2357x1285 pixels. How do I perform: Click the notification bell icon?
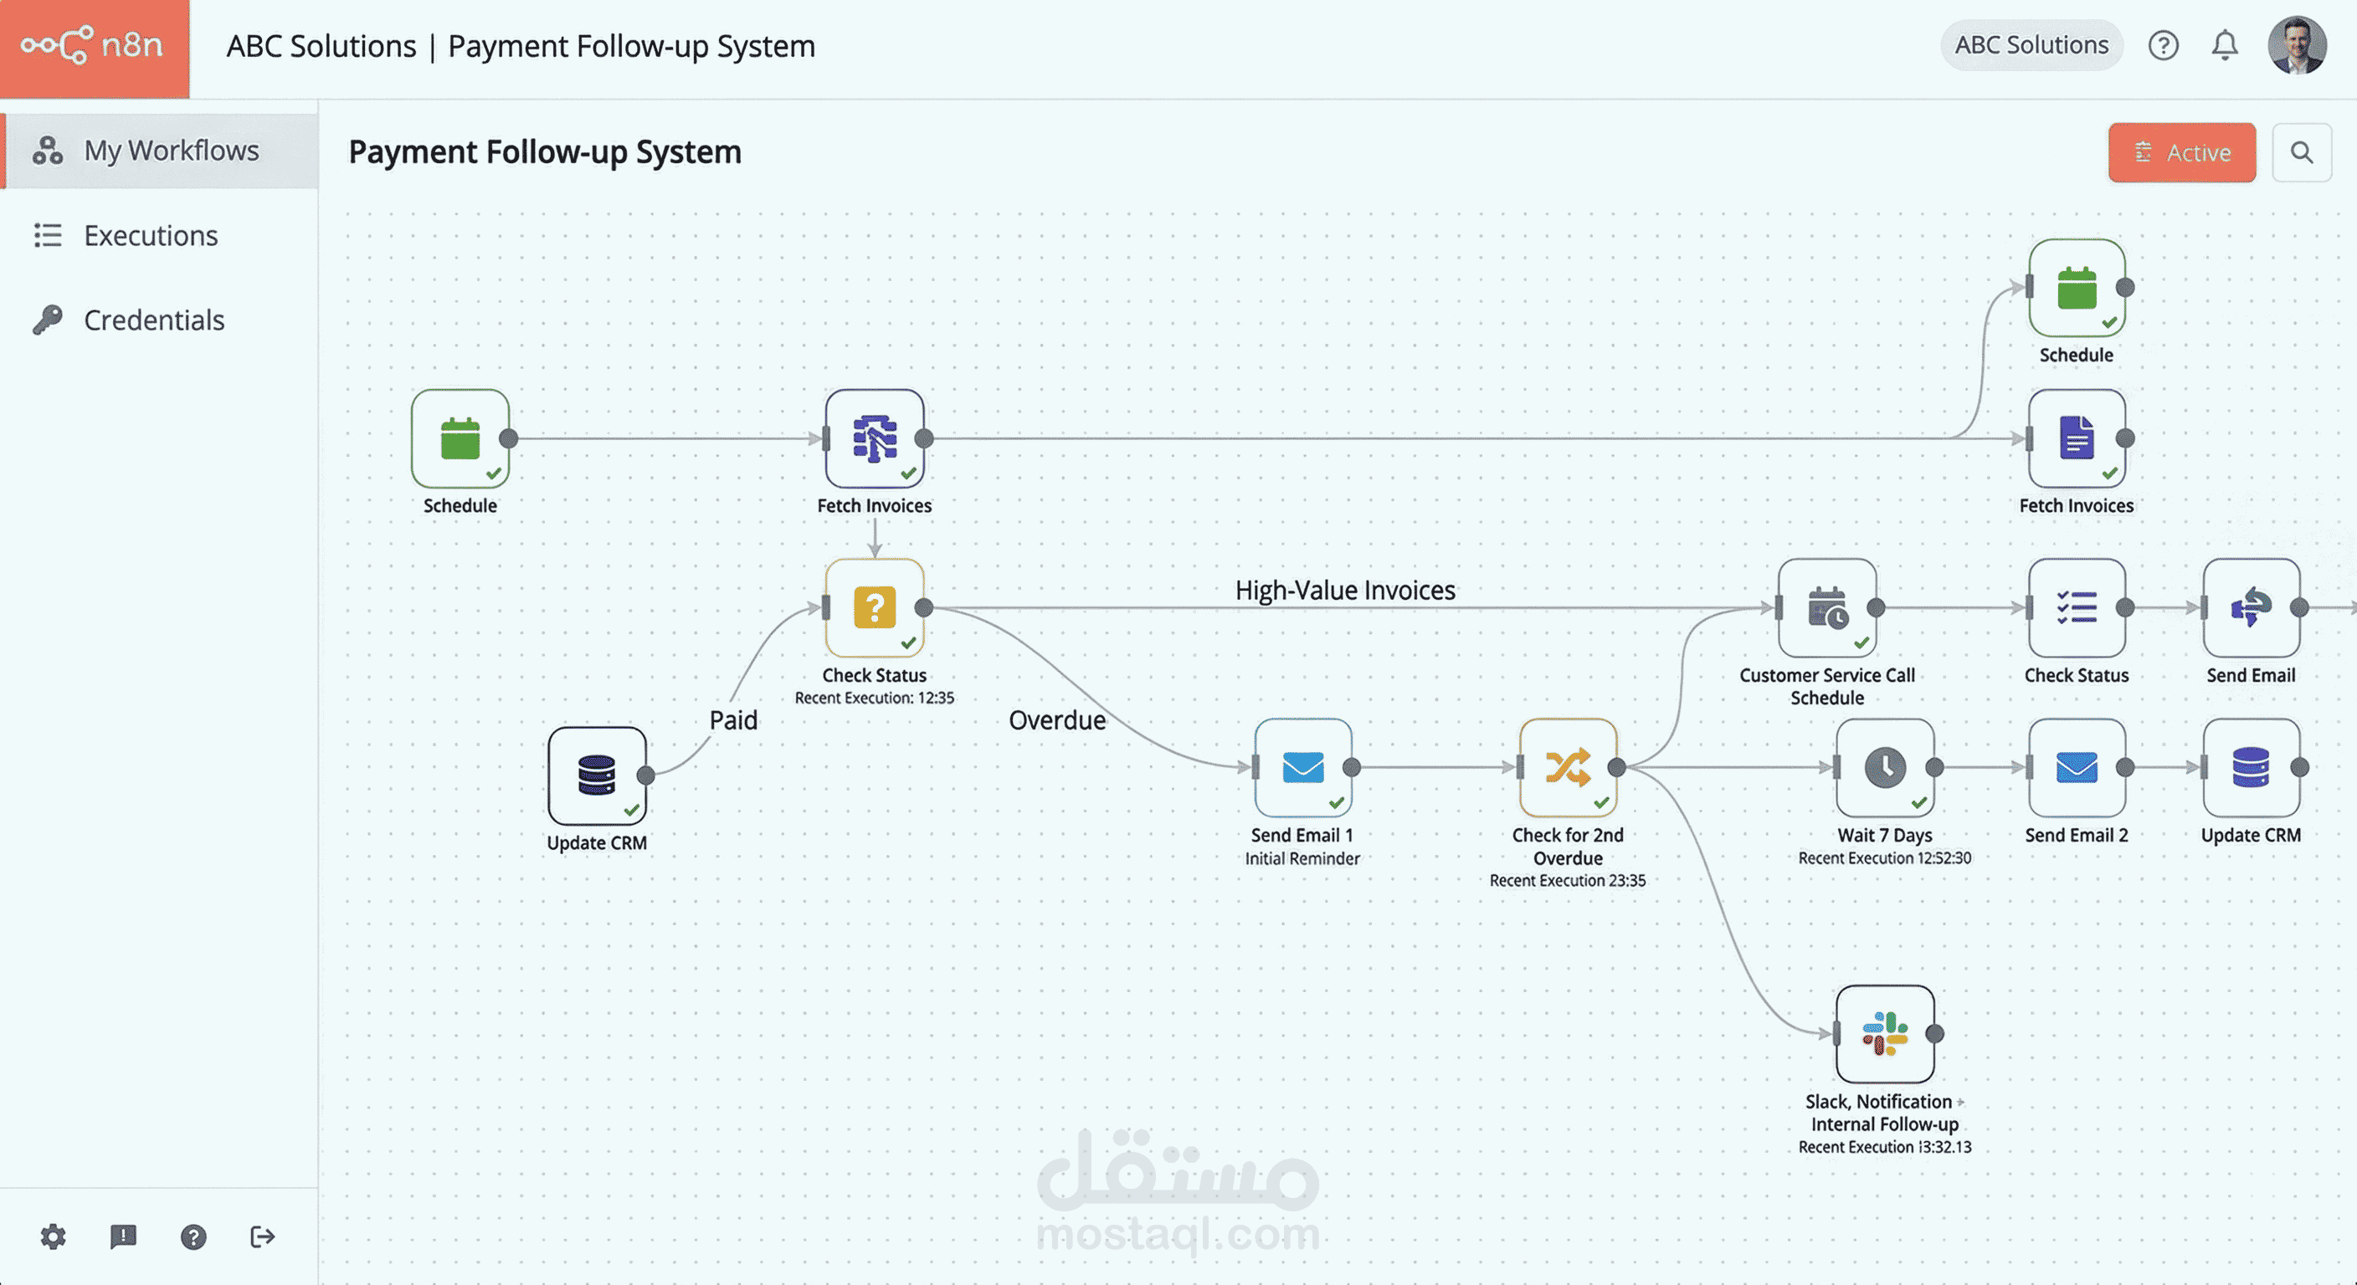(2224, 45)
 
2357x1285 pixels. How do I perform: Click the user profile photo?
(2297, 45)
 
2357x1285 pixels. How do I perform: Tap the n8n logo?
(95, 46)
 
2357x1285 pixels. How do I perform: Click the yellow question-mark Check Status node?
(874, 607)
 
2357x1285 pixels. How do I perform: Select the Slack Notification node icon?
(1885, 1033)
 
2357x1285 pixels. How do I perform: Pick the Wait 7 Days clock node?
(1885, 767)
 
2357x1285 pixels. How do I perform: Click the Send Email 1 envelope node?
(1303, 767)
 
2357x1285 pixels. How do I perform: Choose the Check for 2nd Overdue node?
(1569, 767)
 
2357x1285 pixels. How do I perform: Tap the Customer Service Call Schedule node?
(1827, 607)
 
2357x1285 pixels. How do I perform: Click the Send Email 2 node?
(2077, 767)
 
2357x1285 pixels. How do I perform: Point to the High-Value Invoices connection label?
(1345, 590)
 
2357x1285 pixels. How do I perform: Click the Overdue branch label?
(1057, 719)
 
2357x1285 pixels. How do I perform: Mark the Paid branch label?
(733, 719)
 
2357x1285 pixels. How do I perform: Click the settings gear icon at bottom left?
(53, 1236)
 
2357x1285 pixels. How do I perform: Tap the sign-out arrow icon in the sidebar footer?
(263, 1236)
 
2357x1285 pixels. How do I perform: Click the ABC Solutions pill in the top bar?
(2031, 45)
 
